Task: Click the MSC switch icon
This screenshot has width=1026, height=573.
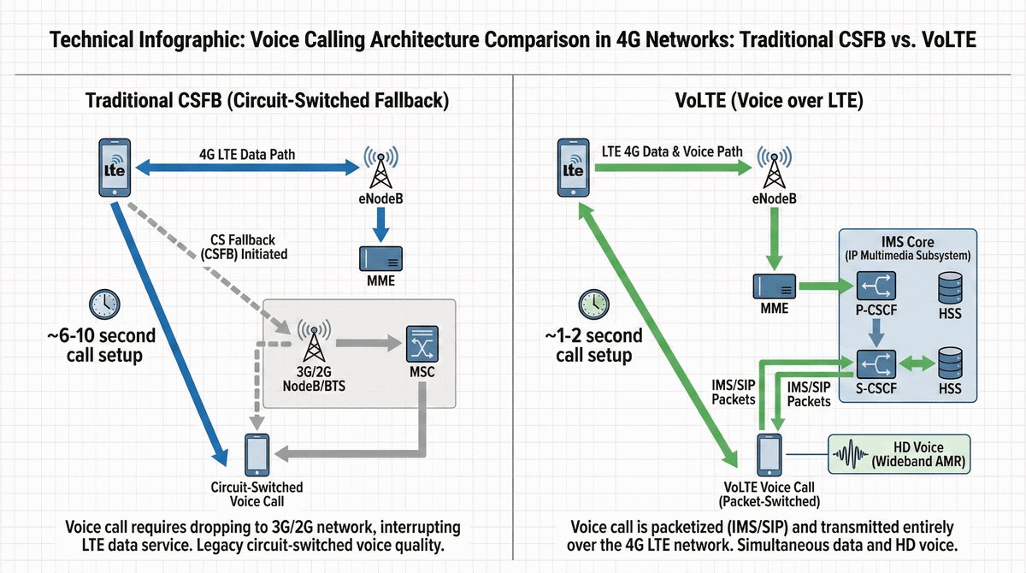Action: pos(421,344)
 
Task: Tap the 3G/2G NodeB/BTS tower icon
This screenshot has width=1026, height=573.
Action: pos(312,342)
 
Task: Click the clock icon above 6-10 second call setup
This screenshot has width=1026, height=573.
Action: pos(104,303)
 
